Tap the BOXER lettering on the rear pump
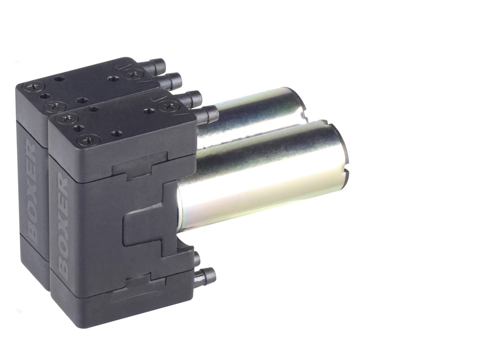(32, 192)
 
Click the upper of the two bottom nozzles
(196, 259)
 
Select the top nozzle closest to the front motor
(208, 114)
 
